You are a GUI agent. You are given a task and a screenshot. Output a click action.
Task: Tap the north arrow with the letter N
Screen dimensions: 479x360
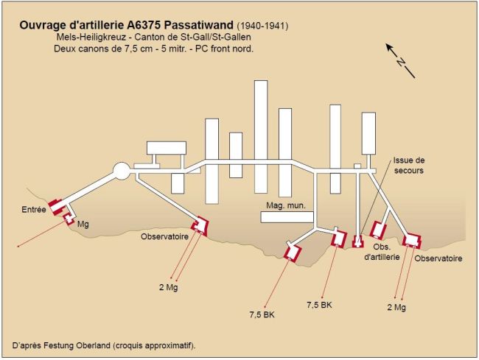coord(400,60)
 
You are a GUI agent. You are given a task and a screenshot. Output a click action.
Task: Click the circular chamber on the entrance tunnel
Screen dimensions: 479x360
coord(122,171)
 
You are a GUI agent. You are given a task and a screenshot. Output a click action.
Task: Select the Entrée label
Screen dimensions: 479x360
coord(34,210)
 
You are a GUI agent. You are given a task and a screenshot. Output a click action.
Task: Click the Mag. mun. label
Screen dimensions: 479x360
coord(286,205)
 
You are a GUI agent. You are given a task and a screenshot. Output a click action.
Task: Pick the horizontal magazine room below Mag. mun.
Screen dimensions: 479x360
coord(287,217)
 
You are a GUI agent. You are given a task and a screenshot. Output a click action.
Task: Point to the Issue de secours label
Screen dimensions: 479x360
coord(409,166)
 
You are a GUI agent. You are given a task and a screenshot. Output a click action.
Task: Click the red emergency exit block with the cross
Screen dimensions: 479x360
coord(357,241)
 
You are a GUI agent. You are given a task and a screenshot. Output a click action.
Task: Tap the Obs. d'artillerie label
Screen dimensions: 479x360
coord(382,252)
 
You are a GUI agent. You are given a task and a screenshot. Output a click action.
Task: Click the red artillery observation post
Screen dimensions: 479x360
coord(378,230)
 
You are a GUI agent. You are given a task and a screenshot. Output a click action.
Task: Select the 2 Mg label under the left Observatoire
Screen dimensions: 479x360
coord(168,287)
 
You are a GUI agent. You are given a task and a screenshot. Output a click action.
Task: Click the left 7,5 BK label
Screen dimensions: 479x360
coord(262,314)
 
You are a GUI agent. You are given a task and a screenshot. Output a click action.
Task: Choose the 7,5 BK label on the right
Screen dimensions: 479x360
coord(319,305)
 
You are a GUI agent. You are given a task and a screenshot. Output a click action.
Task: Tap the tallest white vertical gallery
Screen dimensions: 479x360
coord(261,137)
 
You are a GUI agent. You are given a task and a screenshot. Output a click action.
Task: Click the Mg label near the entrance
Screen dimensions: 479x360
coord(83,225)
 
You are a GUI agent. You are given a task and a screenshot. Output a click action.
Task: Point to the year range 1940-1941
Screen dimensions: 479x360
coord(262,26)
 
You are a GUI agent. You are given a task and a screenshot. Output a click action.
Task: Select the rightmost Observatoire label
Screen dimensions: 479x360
coord(438,258)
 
